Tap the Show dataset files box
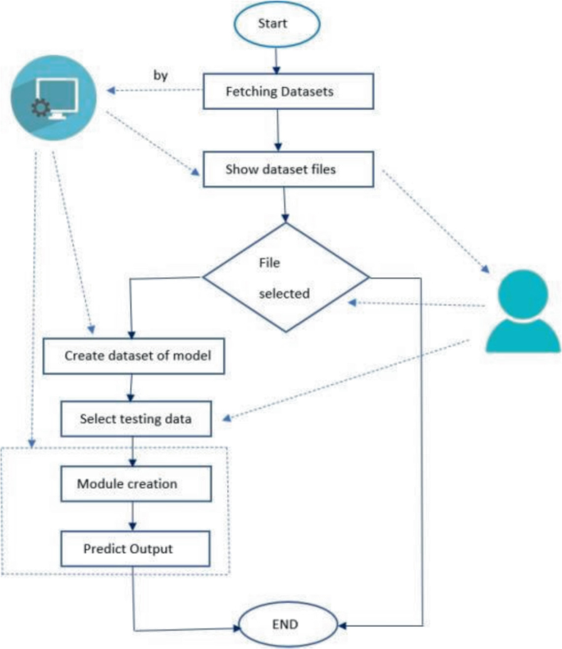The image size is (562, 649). click(284, 171)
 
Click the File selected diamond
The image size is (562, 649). click(285, 278)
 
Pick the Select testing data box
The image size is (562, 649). click(135, 418)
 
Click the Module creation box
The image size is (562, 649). click(127, 483)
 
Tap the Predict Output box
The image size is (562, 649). click(128, 548)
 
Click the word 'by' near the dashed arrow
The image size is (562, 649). click(161, 75)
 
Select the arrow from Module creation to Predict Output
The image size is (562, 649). click(130, 515)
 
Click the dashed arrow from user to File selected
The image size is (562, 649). click(414, 304)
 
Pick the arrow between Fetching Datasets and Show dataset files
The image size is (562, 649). click(280, 131)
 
